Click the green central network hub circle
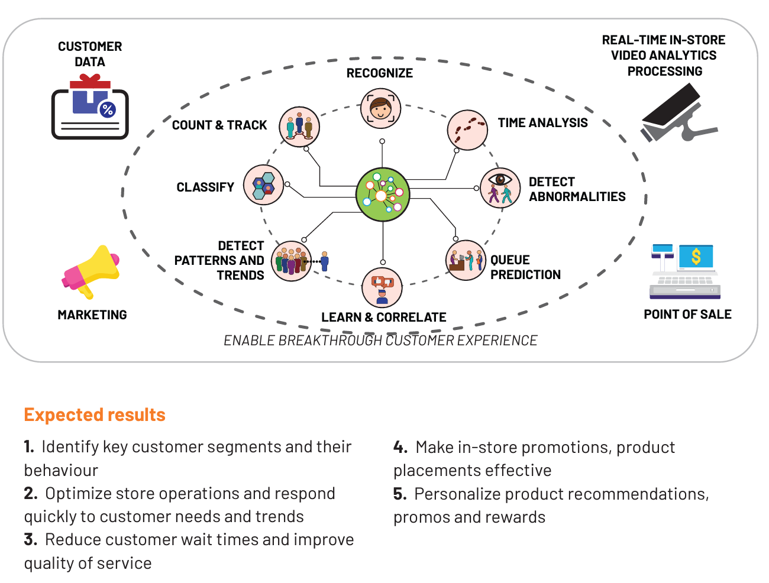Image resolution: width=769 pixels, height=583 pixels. click(x=382, y=195)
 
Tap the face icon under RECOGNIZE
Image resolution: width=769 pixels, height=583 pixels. click(x=381, y=108)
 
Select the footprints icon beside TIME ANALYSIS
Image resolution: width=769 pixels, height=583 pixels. click(x=467, y=130)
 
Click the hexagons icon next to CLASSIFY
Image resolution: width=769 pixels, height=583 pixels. click(x=263, y=184)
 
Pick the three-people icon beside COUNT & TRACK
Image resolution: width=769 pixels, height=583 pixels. click(x=299, y=127)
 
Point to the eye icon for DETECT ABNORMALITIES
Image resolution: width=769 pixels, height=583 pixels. click(x=500, y=187)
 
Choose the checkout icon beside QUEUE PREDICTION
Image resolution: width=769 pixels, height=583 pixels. click(x=466, y=260)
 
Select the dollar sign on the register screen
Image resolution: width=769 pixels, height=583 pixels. click(x=696, y=257)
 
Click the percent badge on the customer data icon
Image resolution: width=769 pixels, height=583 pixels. click(x=108, y=109)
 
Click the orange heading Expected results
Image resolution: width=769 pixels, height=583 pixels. click(x=95, y=415)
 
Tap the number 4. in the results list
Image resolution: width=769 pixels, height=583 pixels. click(x=400, y=447)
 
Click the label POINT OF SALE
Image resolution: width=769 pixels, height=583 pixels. click(x=687, y=314)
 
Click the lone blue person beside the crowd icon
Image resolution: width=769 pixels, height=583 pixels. click(x=325, y=261)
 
